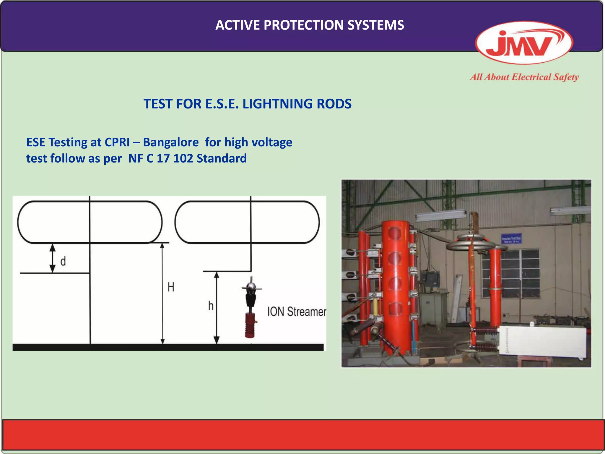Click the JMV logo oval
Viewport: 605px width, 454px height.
(524, 43)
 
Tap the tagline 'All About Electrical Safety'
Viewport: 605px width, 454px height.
(524, 77)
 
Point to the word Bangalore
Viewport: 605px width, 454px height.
(171, 142)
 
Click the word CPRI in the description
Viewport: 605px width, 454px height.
(117, 142)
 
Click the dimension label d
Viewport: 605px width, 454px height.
(63, 261)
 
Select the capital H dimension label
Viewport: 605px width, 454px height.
(171, 287)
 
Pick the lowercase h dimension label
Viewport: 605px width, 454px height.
(211, 306)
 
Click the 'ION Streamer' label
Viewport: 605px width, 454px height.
(297, 312)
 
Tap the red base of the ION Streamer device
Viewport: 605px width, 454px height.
(250, 325)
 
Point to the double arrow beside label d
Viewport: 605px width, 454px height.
(52, 258)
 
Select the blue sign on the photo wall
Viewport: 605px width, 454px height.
(511, 239)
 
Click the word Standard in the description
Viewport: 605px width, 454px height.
(222, 159)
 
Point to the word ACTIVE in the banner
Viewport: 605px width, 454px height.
(238, 25)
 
